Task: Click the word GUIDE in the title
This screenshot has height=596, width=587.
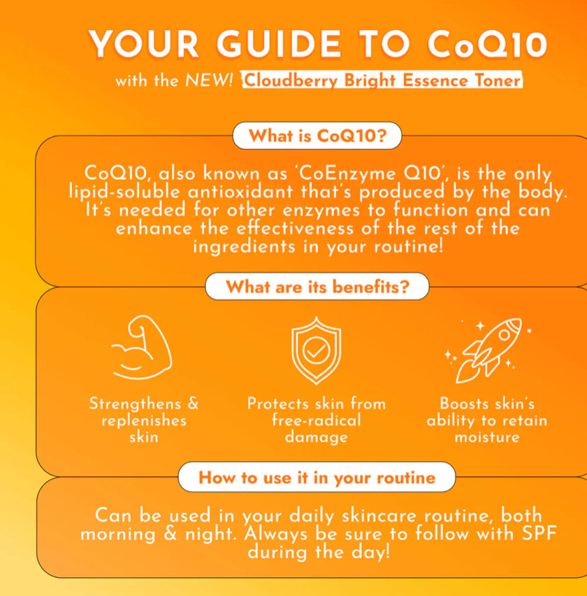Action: click(x=279, y=44)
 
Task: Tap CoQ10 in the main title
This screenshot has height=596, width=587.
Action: click(x=488, y=44)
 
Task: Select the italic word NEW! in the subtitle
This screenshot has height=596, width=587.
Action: click(x=209, y=80)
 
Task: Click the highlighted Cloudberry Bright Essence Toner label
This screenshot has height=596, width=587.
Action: click(x=382, y=80)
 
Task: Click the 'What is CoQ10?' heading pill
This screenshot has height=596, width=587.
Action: click(x=317, y=136)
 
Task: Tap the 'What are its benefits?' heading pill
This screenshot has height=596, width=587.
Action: click(x=317, y=286)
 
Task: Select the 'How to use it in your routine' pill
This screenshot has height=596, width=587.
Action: click(x=317, y=477)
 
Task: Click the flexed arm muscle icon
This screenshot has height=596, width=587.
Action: click(x=141, y=348)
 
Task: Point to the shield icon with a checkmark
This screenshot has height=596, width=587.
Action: click(x=317, y=350)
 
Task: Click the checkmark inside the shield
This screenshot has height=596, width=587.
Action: click(x=317, y=350)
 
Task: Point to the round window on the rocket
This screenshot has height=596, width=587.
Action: click(x=505, y=335)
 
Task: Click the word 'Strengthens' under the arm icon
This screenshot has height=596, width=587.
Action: click(x=135, y=404)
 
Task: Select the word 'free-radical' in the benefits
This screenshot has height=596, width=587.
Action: click(x=317, y=420)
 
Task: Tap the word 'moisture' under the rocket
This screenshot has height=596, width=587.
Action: click(x=487, y=437)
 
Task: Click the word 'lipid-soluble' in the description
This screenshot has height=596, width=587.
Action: click(x=124, y=192)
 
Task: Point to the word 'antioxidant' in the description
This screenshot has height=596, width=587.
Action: click(x=240, y=191)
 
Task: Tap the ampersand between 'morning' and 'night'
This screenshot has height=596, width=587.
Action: click(x=171, y=533)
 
